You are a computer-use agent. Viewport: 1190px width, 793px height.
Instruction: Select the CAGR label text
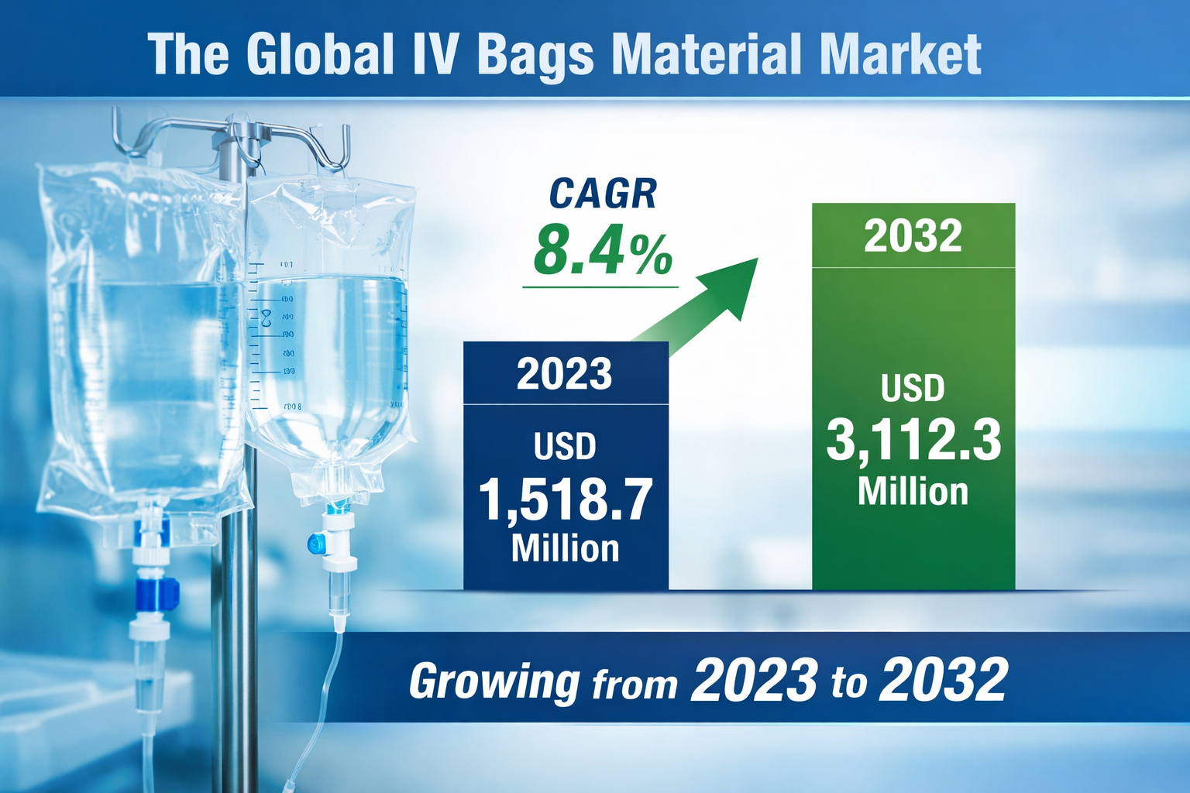tap(603, 194)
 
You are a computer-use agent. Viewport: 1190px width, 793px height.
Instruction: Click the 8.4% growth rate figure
tap(603, 250)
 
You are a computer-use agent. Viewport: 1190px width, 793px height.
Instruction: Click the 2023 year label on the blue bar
tap(565, 374)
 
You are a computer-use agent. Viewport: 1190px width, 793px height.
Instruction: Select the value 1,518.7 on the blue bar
tap(565, 499)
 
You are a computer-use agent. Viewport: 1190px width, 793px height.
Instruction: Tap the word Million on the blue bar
tap(565, 548)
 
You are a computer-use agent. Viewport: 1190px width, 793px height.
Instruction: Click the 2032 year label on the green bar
tap(913, 236)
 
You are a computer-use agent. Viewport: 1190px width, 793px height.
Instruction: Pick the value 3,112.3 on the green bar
tap(913, 441)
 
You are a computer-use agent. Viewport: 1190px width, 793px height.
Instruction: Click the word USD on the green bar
tap(913, 388)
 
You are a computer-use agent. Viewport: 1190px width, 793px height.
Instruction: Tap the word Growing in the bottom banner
tap(494, 681)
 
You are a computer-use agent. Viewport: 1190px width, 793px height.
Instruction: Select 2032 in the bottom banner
tap(943, 680)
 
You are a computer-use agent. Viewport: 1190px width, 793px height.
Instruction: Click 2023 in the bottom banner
tap(754, 680)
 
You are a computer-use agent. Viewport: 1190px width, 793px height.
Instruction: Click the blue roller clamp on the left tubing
tap(156, 593)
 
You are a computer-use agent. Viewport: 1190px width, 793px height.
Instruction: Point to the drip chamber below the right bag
tap(339, 596)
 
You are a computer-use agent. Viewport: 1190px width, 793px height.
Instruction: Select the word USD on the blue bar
tap(565, 447)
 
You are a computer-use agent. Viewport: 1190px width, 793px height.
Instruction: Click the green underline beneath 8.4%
tap(600, 287)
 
